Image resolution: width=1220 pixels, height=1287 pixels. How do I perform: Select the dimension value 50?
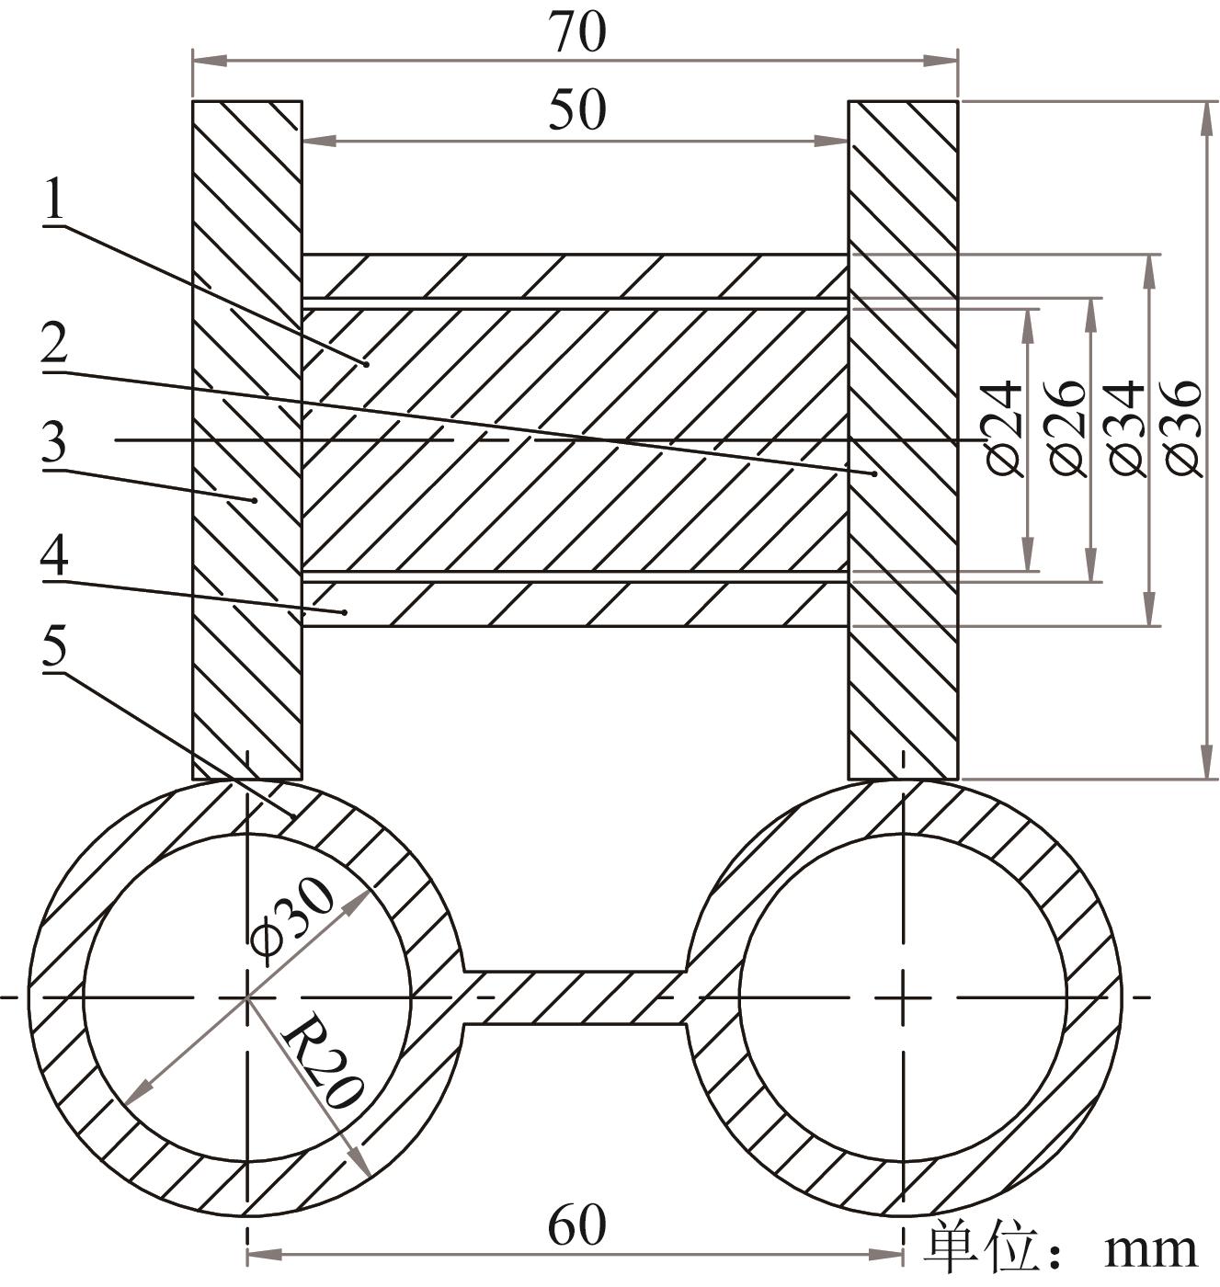coord(577,110)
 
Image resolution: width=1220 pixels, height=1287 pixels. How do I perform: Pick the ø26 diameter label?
coord(1066,427)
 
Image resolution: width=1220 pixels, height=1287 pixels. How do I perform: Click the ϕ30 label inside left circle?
coord(292,919)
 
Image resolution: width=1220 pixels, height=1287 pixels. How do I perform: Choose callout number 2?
coord(54,347)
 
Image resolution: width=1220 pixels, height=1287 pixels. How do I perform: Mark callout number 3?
coord(54,443)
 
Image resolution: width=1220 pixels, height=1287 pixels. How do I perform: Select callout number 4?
coord(54,556)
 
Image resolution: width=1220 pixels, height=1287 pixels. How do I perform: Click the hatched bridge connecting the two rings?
coord(575,997)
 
